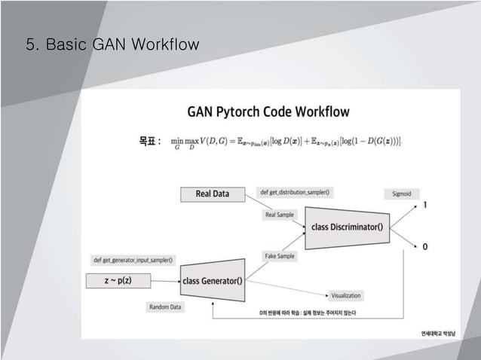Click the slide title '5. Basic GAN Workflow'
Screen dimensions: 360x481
coord(112,46)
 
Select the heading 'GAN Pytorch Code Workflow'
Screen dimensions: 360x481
coord(268,112)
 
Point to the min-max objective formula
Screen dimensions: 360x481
coord(286,141)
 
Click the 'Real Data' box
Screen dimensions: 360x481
coord(213,194)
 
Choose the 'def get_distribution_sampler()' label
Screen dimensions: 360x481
coord(290,193)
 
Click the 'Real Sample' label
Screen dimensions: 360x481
coord(280,215)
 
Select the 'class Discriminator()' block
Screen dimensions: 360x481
coord(347,227)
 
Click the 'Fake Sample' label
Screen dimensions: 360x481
coord(280,256)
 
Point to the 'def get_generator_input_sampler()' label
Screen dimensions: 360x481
coord(133,261)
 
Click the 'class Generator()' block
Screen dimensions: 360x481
coord(213,281)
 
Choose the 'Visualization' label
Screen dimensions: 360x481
coord(346,295)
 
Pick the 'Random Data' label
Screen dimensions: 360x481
coord(165,307)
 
